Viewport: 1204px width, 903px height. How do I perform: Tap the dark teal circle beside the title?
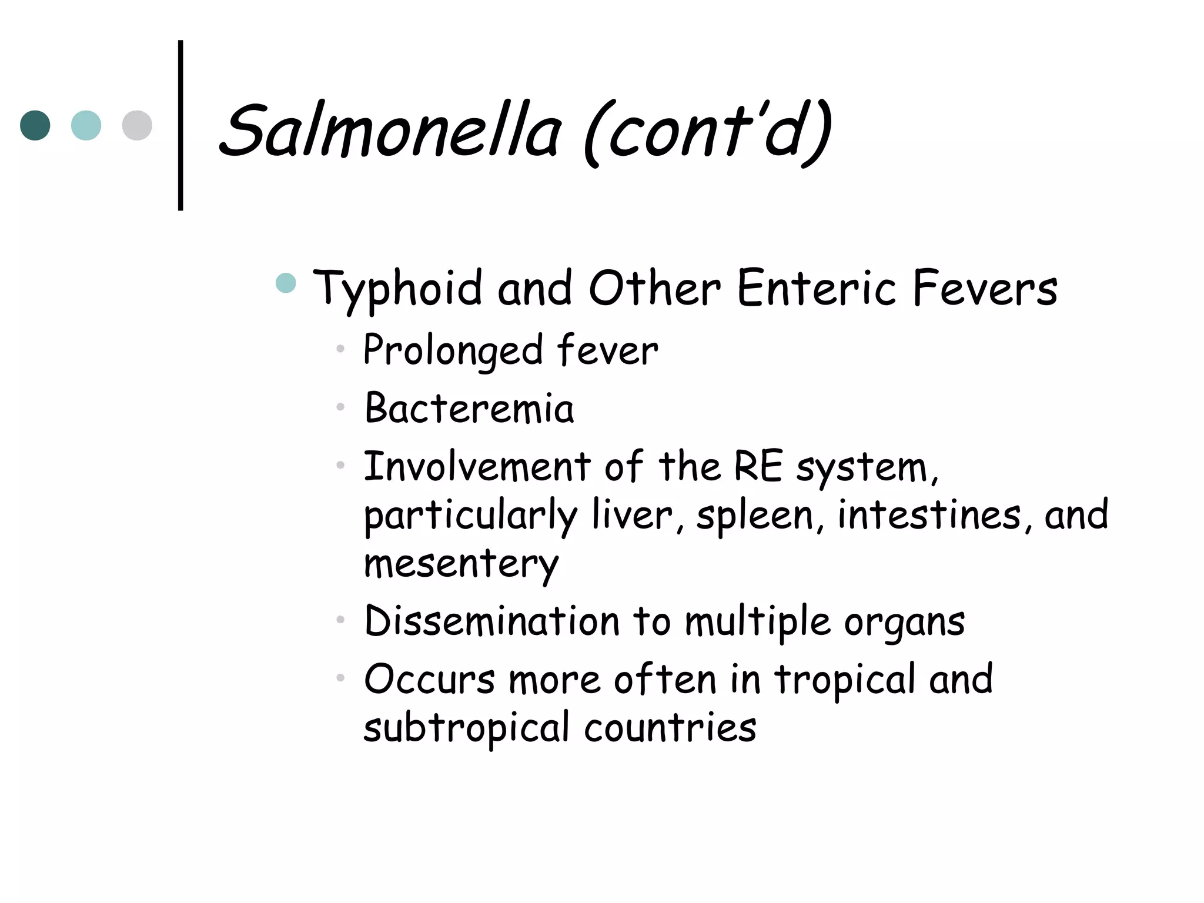point(35,125)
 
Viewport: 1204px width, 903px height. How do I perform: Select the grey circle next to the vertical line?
point(137,125)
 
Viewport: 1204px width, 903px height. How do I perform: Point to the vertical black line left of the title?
point(180,125)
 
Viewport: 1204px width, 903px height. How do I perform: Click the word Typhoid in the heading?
point(397,289)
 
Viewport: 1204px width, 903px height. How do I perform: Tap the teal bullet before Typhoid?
point(286,283)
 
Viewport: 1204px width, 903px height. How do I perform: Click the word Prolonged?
point(453,350)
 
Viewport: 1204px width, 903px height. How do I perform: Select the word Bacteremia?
point(469,408)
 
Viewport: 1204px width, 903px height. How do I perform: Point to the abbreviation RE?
point(758,467)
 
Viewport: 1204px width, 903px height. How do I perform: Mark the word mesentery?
point(461,564)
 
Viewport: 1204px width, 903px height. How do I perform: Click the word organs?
point(904,622)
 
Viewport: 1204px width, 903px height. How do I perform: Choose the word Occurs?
point(429,680)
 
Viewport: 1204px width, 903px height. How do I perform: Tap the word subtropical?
point(467,728)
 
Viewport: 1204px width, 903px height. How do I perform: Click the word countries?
point(670,728)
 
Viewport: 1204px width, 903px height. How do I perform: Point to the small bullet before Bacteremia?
point(340,407)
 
